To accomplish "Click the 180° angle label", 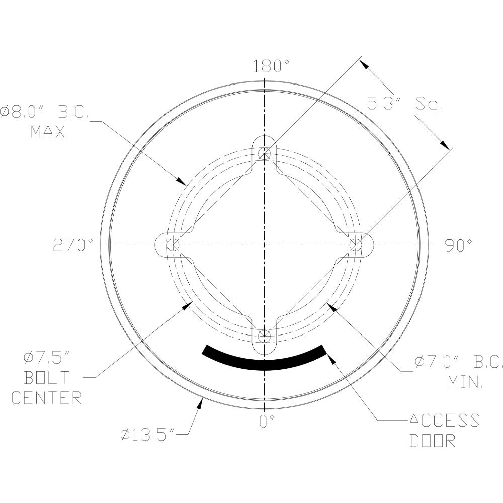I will tap(272, 66).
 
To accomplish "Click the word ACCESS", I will tap(444, 420).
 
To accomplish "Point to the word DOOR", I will tap(432, 441).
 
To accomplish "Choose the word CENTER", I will tap(46, 398).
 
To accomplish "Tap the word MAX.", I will tap(50, 132).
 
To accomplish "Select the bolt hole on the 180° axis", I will tap(265, 154).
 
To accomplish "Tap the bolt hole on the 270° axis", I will tap(173, 245).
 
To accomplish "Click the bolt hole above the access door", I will tap(265, 336).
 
